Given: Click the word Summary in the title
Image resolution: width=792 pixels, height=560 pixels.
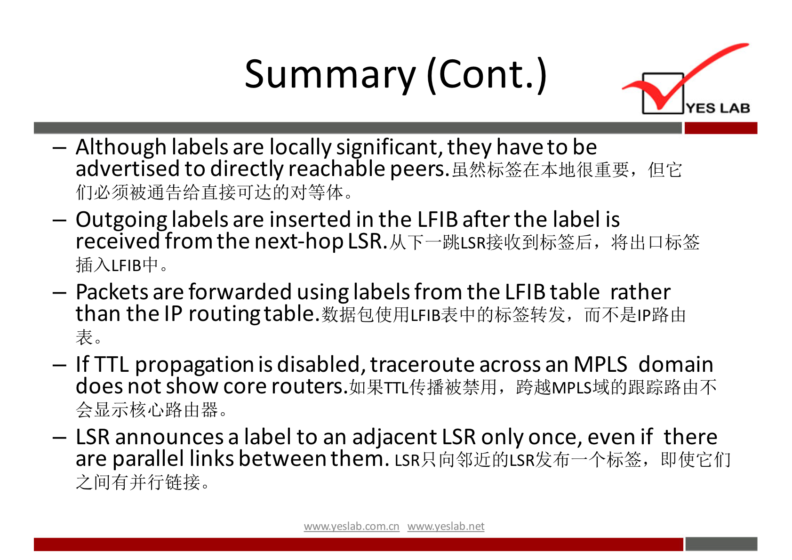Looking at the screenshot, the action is pos(330,75).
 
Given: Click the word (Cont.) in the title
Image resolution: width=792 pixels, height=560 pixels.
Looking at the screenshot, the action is pos(487,75).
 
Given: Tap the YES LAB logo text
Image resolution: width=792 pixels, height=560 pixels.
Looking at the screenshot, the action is pos(718,108).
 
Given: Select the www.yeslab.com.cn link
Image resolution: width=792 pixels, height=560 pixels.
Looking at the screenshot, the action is pos(352,527).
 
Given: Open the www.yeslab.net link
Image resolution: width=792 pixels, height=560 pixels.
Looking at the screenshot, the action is pos(446,527).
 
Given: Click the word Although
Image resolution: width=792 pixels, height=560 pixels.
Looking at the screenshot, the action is pos(121,147).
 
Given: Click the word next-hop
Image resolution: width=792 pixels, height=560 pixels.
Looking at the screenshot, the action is pos(299,242).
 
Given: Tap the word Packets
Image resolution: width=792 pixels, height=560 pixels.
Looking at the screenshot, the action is pos(112,292).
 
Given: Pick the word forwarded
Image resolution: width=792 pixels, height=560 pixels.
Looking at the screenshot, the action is pos(240,292).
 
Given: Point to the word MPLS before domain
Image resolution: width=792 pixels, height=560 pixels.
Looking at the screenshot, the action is pos(600,364).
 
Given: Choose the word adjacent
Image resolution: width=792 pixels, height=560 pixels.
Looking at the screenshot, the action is pos(394,438).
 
